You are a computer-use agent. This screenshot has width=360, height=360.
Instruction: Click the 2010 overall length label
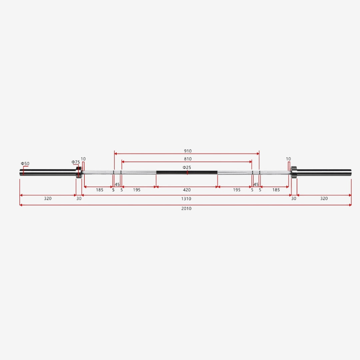tap(186, 208)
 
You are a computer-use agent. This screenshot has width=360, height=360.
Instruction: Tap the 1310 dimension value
tap(186, 199)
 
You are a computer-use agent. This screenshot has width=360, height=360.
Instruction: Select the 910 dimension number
tap(188, 151)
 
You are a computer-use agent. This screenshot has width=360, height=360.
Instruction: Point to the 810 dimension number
tap(188, 159)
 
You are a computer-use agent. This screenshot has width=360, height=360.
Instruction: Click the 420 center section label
tap(187, 190)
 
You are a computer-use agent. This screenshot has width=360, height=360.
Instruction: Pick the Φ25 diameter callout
tap(187, 167)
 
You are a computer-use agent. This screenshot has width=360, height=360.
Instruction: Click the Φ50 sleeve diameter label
tap(25, 163)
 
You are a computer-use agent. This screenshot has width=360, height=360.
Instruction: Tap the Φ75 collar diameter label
tap(76, 162)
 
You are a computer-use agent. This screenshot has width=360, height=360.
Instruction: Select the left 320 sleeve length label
tap(48, 198)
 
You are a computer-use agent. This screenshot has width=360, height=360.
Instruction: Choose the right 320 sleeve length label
tap(324, 198)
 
